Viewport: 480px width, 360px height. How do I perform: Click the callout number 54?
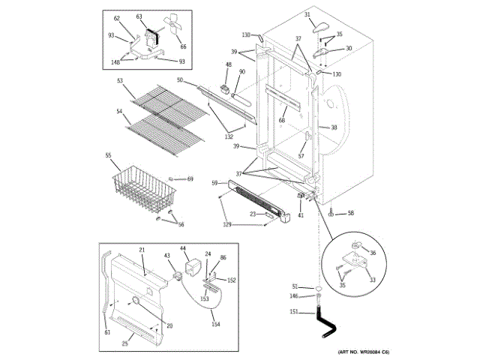[119, 111]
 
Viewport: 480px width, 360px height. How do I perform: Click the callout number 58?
[349, 214]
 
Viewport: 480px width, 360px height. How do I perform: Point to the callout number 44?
[183, 248]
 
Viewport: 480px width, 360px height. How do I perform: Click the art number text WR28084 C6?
[362, 352]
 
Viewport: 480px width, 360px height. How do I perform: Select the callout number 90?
[241, 72]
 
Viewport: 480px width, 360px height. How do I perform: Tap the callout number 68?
[281, 120]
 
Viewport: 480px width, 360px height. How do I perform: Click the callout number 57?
[301, 156]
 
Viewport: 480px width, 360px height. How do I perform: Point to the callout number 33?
[373, 280]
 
